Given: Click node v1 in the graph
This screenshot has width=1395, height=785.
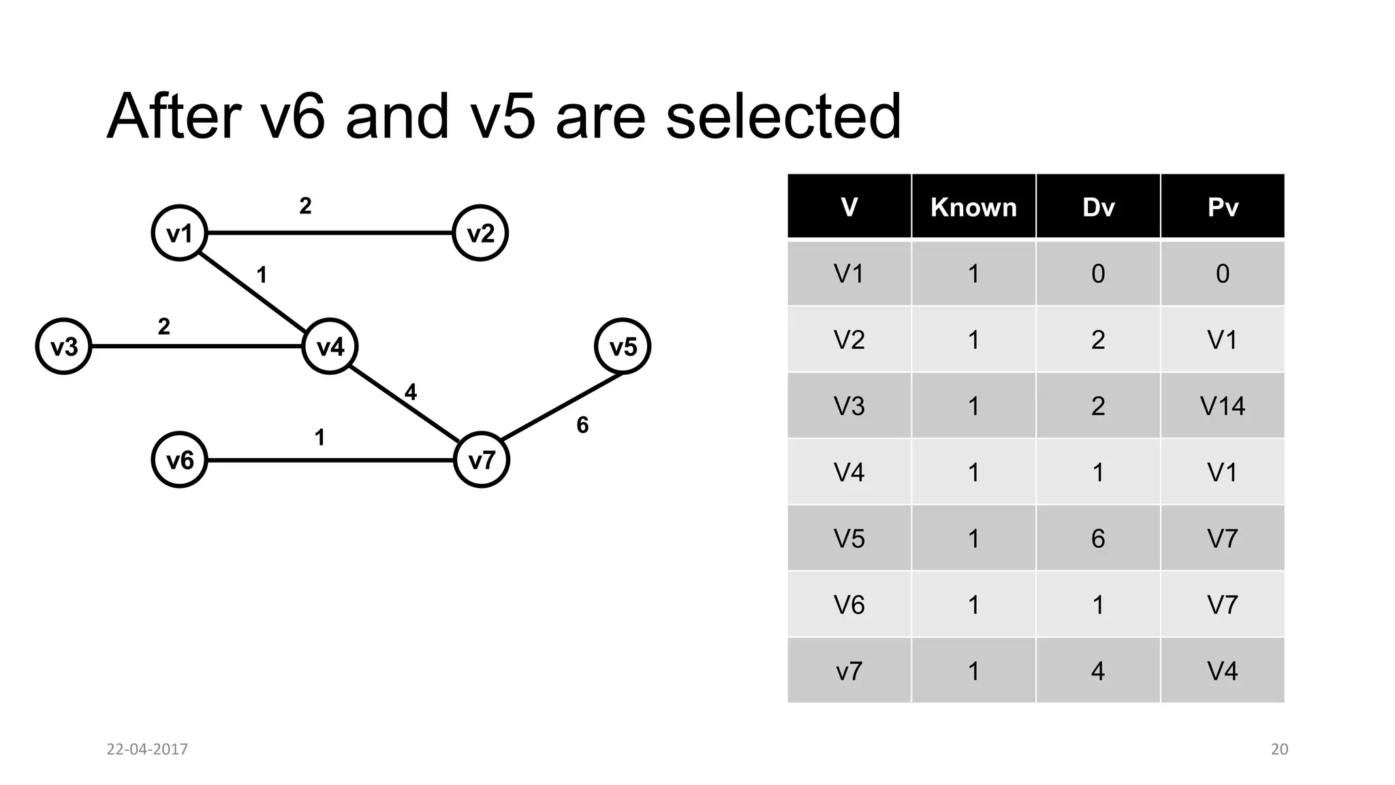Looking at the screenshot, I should (179, 233).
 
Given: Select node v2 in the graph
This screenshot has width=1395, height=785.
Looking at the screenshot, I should (480, 233).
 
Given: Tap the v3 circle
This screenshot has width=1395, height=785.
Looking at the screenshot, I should (64, 346).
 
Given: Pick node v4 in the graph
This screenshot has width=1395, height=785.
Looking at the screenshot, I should (330, 346).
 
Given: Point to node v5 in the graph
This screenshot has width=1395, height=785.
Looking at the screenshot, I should (623, 346).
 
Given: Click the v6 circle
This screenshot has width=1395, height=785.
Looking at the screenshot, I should (179, 460).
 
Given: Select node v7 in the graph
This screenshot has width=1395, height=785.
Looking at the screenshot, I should (482, 460).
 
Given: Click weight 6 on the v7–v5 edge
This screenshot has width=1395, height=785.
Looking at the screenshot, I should (582, 425).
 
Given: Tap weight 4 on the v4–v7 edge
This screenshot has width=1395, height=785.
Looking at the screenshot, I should (410, 392).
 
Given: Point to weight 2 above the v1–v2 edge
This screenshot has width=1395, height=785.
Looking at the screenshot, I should (305, 206).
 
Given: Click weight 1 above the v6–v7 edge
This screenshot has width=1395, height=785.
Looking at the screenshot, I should (319, 437).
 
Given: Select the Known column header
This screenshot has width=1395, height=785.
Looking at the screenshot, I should (973, 207).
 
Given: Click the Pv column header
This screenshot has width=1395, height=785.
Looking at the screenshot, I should (1223, 207).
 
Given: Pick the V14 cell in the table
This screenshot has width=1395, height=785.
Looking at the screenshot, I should (1223, 406).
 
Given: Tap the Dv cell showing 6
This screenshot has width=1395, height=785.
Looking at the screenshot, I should (1098, 538).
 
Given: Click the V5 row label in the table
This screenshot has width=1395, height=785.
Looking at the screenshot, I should (849, 538).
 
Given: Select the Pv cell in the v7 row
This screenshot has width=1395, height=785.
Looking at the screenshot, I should (1223, 671).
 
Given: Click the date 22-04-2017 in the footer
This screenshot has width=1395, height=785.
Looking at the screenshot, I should (147, 749).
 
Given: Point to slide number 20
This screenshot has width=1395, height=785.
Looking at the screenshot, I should (1279, 749).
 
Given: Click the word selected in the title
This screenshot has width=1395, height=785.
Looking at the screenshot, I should (783, 117).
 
